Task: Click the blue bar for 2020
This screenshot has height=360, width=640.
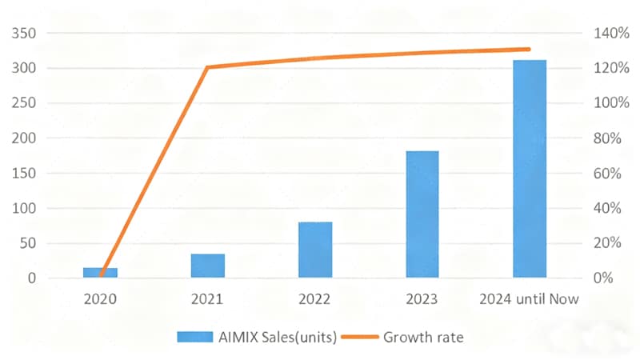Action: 100,273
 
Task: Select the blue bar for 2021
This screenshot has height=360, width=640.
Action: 208,266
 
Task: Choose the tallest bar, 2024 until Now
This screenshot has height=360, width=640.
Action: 529,169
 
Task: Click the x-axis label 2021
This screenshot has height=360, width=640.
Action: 208,299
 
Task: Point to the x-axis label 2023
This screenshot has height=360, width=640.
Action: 422,299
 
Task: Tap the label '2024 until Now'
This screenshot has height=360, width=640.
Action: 529,299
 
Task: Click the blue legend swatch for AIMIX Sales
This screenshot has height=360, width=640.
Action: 195,337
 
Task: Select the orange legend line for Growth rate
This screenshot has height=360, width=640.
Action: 360,337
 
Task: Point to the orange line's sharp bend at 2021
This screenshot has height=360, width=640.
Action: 208,67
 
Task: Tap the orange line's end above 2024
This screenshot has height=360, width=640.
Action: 529,49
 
